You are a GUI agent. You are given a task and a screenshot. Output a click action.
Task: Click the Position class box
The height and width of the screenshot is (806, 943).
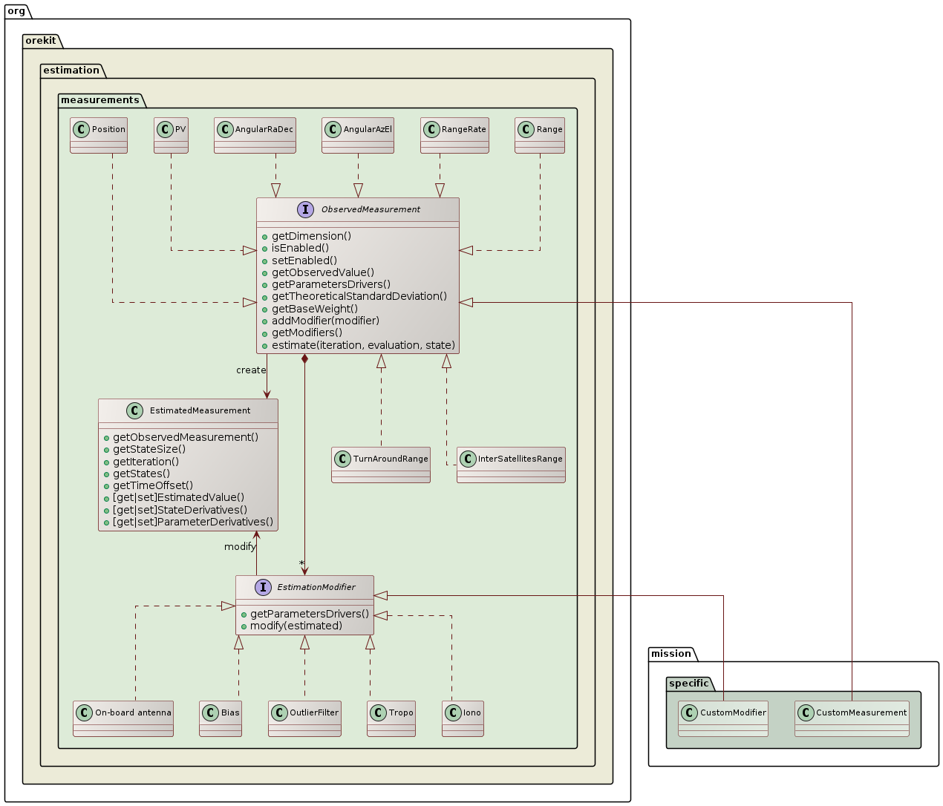(99, 135)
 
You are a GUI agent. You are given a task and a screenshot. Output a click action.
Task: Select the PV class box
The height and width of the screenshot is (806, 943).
(171, 135)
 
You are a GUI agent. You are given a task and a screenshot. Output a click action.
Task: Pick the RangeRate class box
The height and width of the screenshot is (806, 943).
(454, 135)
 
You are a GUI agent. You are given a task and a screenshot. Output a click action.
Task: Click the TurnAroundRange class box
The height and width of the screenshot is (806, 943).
(381, 465)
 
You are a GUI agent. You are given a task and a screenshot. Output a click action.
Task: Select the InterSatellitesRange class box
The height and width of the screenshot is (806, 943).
(511, 465)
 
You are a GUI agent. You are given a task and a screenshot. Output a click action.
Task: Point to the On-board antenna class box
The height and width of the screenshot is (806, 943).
(123, 718)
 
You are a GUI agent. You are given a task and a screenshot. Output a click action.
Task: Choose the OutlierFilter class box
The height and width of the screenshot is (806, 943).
(304, 718)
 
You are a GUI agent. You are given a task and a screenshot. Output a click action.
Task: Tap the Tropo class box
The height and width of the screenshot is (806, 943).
(391, 718)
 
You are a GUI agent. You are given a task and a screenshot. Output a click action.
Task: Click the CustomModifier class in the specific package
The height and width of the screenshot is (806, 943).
(723, 718)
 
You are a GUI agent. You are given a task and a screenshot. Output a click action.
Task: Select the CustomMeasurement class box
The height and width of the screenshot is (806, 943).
(852, 718)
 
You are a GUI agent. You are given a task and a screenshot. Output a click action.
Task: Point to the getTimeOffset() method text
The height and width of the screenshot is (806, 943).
(153, 485)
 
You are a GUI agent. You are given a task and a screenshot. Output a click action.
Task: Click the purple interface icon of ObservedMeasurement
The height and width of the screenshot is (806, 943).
(305, 209)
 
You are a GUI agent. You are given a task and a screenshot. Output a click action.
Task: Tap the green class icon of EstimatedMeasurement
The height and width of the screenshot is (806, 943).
(134, 410)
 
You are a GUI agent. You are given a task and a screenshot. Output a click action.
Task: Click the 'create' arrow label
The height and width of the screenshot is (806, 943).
(251, 370)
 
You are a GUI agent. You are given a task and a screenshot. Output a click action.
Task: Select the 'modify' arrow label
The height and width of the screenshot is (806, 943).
(240, 547)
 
